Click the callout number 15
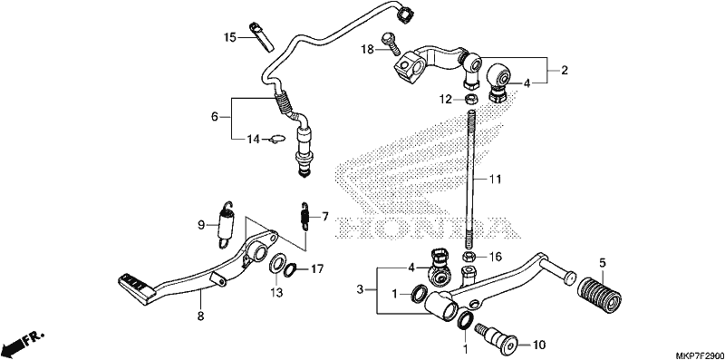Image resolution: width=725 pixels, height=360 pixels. click(230, 36)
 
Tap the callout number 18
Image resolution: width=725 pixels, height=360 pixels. click(367, 50)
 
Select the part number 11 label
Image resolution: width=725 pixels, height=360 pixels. click(496, 178)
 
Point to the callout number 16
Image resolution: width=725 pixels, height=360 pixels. click(495, 256)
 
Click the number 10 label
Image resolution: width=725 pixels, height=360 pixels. click(539, 345)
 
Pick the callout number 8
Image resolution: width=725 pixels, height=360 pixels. click(200, 316)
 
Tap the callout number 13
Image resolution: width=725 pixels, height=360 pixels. click(276, 293)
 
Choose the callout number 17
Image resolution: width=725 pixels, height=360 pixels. click(317, 268)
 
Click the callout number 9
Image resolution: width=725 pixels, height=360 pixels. click(201, 226)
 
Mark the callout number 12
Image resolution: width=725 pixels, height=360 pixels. click(445, 99)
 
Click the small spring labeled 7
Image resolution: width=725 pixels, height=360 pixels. click(305, 215)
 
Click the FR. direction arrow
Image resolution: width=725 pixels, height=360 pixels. click(23, 341)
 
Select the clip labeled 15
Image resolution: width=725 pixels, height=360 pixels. click(262, 35)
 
